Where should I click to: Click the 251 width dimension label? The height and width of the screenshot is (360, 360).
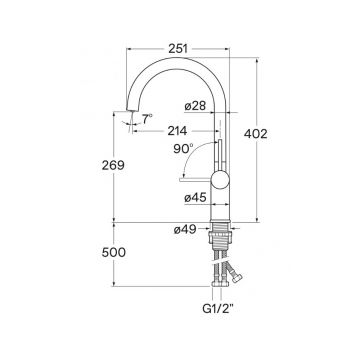click(x=178, y=49)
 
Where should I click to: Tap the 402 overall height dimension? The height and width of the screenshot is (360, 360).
click(x=256, y=134)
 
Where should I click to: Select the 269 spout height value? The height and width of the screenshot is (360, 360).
click(x=113, y=165)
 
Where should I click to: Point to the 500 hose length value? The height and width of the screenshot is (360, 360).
click(x=114, y=253)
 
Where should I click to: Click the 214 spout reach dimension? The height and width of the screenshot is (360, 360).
click(x=177, y=131)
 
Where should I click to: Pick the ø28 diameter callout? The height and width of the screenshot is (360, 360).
click(x=195, y=106)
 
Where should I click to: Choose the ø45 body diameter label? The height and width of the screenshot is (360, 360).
click(x=195, y=198)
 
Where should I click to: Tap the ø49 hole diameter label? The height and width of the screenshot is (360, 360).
click(x=185, y=229)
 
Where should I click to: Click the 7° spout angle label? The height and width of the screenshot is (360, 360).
click(x=147, y=119)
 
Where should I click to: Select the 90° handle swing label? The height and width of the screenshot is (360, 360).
click(x=183, y=149)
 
